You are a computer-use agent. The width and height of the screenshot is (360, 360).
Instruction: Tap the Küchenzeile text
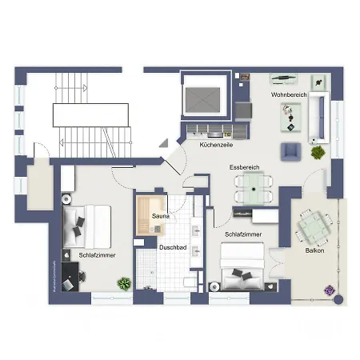coord(216,146)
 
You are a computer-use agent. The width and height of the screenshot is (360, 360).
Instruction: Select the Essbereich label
coord(244,167)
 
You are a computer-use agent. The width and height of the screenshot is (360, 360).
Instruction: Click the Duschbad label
coord(173,248)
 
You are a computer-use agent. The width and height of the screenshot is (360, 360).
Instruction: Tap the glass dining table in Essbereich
coord(251,189)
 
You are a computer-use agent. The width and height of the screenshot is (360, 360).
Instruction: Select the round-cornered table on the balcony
coord(314,226)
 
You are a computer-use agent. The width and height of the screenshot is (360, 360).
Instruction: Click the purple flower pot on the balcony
coord(326,289)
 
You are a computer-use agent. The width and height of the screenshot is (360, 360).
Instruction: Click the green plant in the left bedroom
coord(124,282)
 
